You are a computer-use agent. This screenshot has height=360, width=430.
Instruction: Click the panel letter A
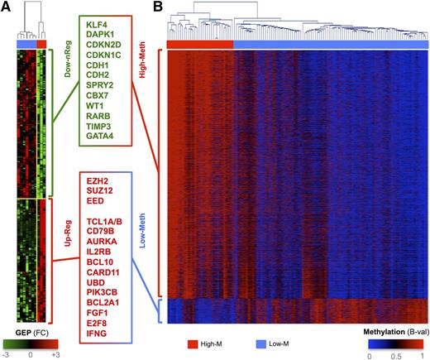pyautogui.click(x=7, y=7)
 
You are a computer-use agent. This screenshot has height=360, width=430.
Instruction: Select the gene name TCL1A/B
pyautogui.click(x=107, y=222)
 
